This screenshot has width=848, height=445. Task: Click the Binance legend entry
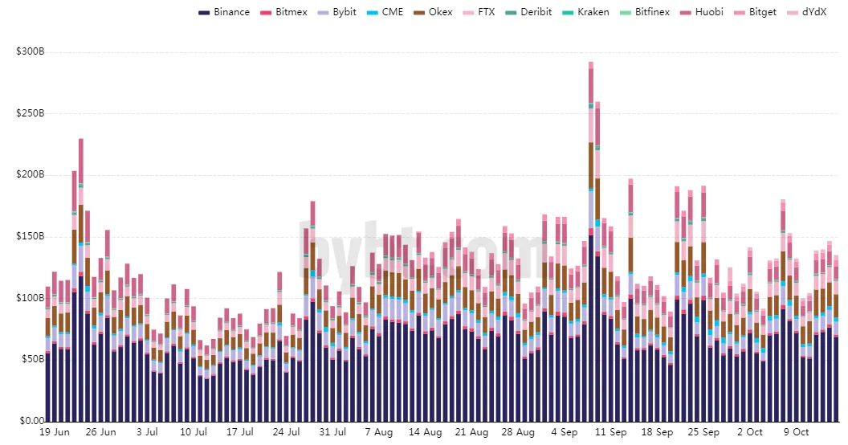coord(224,12)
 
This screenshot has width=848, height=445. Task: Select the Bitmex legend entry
coord(283,12)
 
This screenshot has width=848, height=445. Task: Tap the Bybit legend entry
coord(337,12)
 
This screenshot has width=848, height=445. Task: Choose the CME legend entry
coord(385,12)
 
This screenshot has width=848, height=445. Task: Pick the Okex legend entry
coord(433,12)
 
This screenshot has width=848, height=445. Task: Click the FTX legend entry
coord(479,12)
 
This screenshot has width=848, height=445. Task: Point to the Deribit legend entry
coord(528,12)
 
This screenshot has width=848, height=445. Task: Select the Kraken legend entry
coord(585,12)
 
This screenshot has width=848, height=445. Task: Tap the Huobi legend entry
coord(701,12)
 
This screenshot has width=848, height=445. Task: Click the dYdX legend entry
coord(806,12)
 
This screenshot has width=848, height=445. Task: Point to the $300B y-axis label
coord(31,52)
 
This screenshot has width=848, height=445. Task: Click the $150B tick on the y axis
coord(31,236)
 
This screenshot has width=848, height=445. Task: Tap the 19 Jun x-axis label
coord(55,432)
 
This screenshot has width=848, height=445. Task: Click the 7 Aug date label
coord(378,432)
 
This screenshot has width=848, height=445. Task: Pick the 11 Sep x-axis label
coord(610,432)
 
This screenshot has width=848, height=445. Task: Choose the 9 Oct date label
coord(796,432)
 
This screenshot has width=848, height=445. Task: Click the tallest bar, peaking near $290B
coord(591,242)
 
